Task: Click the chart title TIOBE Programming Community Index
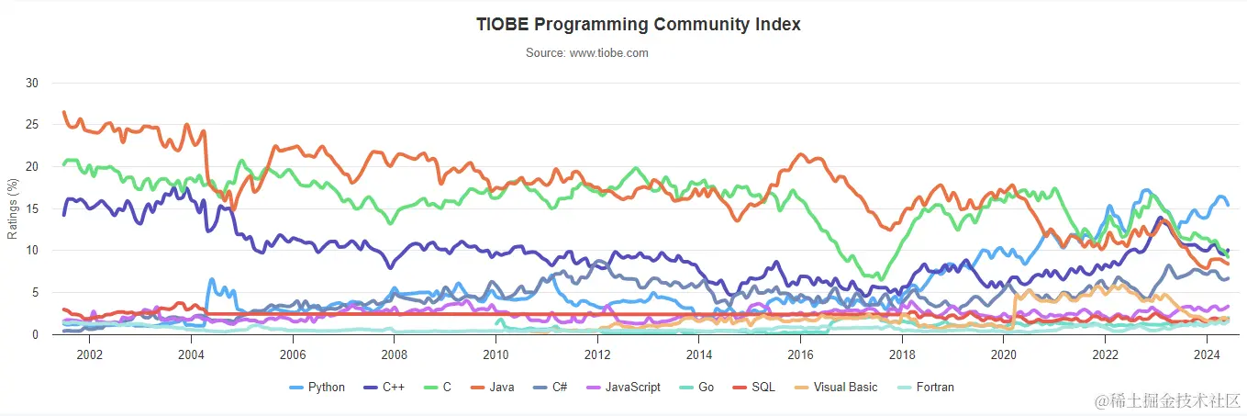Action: point(638,25)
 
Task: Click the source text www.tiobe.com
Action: point(586,53)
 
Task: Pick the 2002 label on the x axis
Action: point(89,354)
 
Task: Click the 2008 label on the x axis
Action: point(394,354)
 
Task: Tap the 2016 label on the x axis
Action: point(800,354)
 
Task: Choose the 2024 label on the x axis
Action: point(1206,354)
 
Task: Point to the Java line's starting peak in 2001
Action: point(63,113)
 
